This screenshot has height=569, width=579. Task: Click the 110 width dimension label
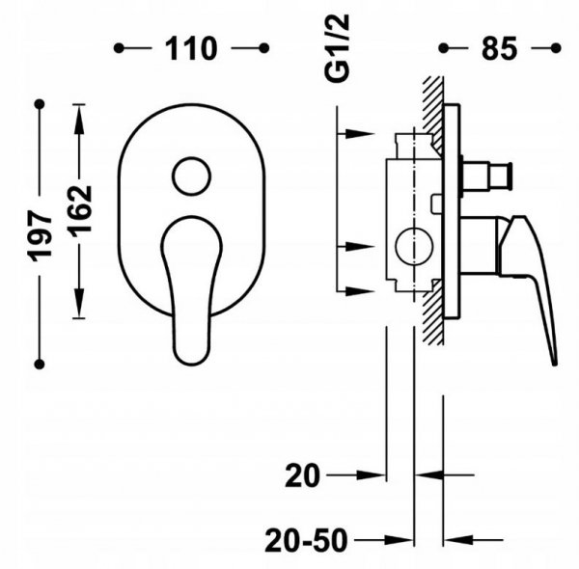click(190, 48)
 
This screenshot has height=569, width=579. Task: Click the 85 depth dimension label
click(499, 48)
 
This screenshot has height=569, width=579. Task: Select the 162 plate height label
click(79, 209)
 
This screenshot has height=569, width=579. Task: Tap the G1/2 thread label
click(337, 48)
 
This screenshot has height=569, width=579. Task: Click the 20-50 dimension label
click(306, 541)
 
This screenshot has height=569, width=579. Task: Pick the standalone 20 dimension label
click(302, 475)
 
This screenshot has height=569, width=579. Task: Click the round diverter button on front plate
click(191, 176)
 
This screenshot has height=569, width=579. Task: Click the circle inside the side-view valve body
click(414, 247)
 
